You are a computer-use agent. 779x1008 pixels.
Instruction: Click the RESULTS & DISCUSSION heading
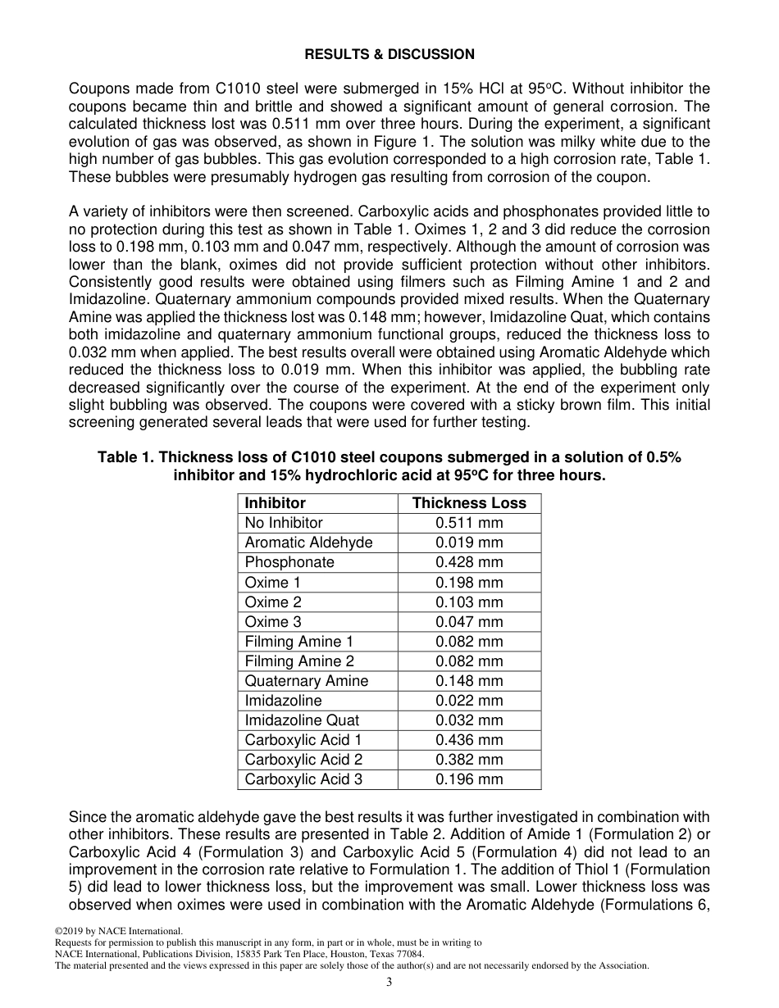(x=389, y=55)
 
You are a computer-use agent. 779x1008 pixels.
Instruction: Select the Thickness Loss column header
(x=469, y=503)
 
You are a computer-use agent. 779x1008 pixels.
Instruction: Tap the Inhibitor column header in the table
(x=275, y=503)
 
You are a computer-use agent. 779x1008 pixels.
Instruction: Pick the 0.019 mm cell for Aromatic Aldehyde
(x=469, y=543)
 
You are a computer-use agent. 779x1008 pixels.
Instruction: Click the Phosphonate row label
(x=289, y=562)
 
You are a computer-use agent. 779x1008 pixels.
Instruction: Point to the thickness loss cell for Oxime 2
(x=469, y=602)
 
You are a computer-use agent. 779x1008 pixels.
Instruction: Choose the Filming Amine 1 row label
(x=298, y=642)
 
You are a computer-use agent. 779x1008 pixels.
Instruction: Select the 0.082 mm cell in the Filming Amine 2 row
(x=469, y=661)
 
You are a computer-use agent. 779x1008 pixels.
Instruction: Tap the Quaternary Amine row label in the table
(x=306, y=681)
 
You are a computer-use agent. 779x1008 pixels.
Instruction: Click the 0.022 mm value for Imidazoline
(x=469, y=701)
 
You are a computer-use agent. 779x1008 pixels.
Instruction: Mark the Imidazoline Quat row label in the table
(x=302, y=720)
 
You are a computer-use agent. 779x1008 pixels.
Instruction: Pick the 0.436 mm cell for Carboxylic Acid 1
(x=469, y=740)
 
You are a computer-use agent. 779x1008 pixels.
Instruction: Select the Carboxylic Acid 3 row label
(x=303, y=779)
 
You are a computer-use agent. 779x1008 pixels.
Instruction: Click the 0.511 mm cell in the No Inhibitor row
(x=469, y=523)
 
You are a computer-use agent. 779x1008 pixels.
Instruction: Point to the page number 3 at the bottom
(x=389, y=983)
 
